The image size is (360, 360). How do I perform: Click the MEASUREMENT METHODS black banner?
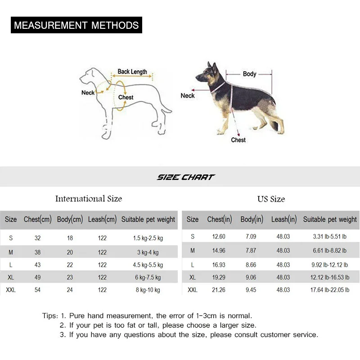tap(76, 25)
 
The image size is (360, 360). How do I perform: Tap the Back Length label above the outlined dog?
tap(132, 72)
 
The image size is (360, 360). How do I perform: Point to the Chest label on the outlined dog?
tap(126, 97)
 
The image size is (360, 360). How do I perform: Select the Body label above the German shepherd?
tap(249, 74)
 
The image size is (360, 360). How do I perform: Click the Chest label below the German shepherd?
tap(238, 140)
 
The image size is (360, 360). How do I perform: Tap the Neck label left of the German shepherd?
tap(188, 95)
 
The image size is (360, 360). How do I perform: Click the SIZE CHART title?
tap(186, 177)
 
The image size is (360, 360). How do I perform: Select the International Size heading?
tap(89, 198)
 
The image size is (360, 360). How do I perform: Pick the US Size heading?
tap(271, 199)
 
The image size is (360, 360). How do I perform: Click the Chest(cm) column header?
tap(38, 220)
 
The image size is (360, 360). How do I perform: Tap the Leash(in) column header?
tap(284, 220)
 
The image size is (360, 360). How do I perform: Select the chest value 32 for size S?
tap(38, 238)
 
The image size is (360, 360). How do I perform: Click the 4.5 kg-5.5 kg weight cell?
tap(148, 265)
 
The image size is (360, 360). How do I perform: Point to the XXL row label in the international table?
tap(11, 290)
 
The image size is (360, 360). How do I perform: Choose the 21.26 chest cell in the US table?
tap(219, 290)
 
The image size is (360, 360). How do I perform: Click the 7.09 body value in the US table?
tap(251, 237)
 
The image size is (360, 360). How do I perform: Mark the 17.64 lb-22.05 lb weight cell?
tap(330, 290)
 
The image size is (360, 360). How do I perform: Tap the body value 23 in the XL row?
tap(70, 278)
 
